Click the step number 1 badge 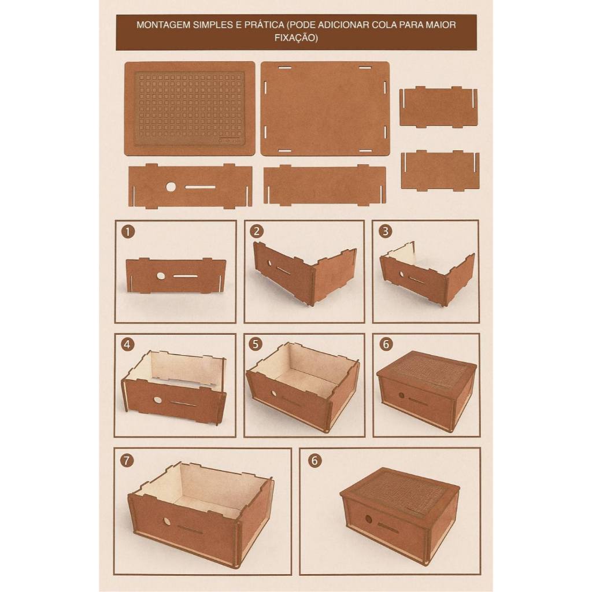coord(128,231)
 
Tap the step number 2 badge coord(257,231)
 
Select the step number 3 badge coord(386,231)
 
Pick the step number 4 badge coord(128,345)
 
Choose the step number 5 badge coord(256,344)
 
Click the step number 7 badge coord(127,460)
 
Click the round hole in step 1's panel coord(161,276)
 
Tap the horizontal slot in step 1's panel coord(186,276)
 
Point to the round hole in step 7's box coord(166,521)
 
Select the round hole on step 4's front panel coord(157,399)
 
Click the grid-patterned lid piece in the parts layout coord(190,108)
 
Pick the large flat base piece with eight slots coord(325,108)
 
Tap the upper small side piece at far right coord(438,107)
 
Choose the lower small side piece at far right coord(440,171)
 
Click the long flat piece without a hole coord(325,185)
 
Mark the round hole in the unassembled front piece coord(171,187)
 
